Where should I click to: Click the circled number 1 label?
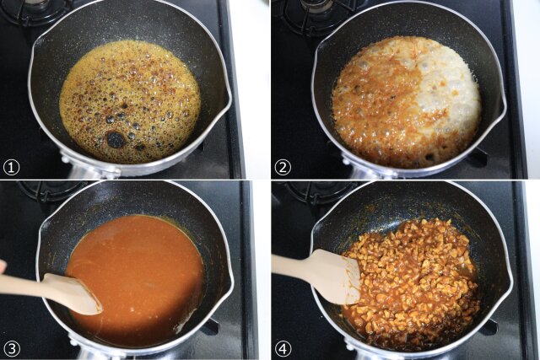click(11, 168)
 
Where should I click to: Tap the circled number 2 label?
click(283, 168)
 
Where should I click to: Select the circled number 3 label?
click(11, 349)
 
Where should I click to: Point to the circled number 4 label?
click(283, 349)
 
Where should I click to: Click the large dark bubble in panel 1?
click(116, 139)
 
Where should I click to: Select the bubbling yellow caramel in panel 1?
click(130, 101)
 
